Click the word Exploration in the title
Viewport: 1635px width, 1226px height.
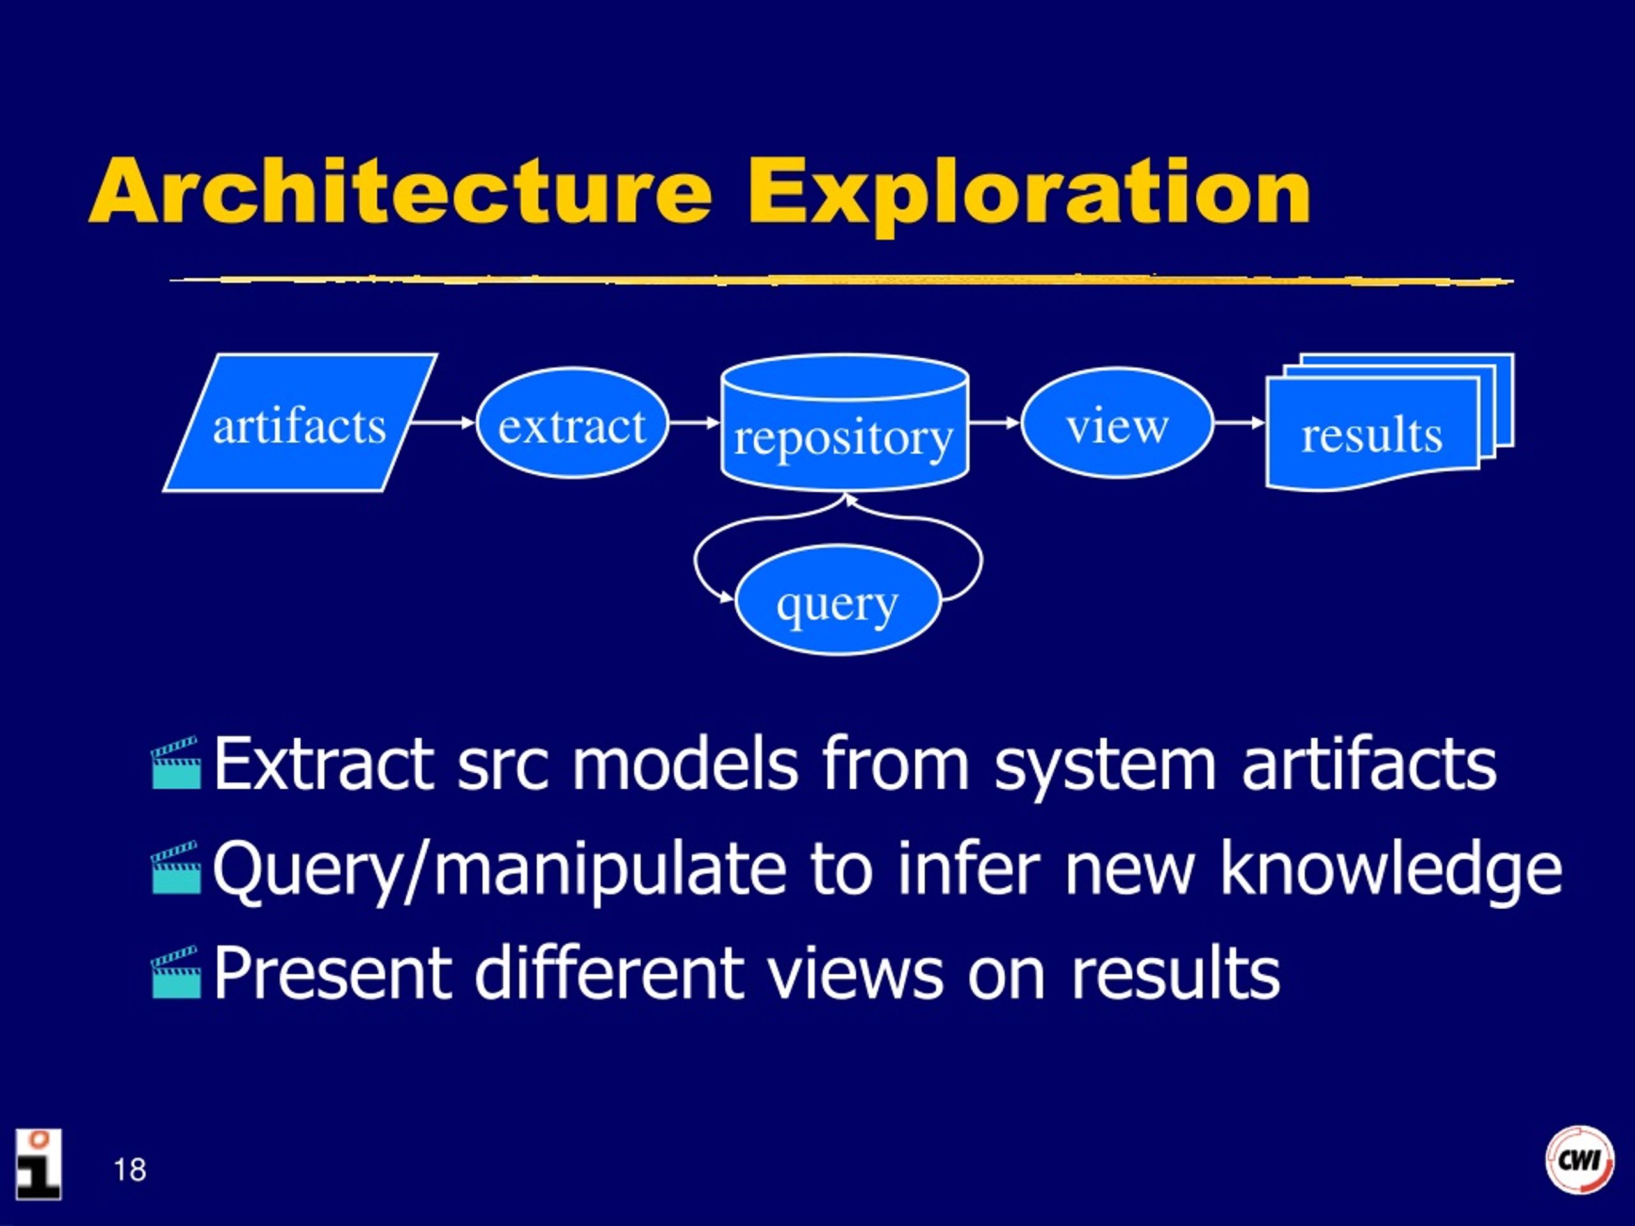pyautogui.click(x=1029, y=196)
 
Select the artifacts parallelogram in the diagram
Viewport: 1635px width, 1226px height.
pyautogui.click(x=300, y=423)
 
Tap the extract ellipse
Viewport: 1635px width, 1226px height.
pyautogui.click(x=572, y=423)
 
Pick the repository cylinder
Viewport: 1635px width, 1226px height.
pyautogui.click(x=844, y=423)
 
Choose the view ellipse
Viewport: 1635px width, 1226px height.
pyautogui.click(x=1117, y=423)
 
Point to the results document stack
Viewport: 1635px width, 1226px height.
pyautogui.click(x=1390, y=423)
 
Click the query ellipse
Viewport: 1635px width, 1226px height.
pyautogui.click(x=838, y=600)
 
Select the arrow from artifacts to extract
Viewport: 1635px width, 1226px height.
pyautogui.click(x=443, y=423)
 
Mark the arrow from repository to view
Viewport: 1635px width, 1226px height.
pyautogui.click(x=995, y=423)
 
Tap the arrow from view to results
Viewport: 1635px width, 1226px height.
pyautogui.click(x=1240, y=423)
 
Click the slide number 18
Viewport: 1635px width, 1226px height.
pyautogui.click(x=130, y=1170)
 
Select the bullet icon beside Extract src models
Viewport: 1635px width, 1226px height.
pyautogui.click(x=176, y=762)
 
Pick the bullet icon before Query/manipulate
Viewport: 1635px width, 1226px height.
pyautogui.click(x=176, y=867)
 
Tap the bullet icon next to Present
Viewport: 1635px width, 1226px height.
pyautogui.click(x=176, y=972)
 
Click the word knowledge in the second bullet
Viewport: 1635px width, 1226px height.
pyautogui.click(x=1391, y=870)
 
